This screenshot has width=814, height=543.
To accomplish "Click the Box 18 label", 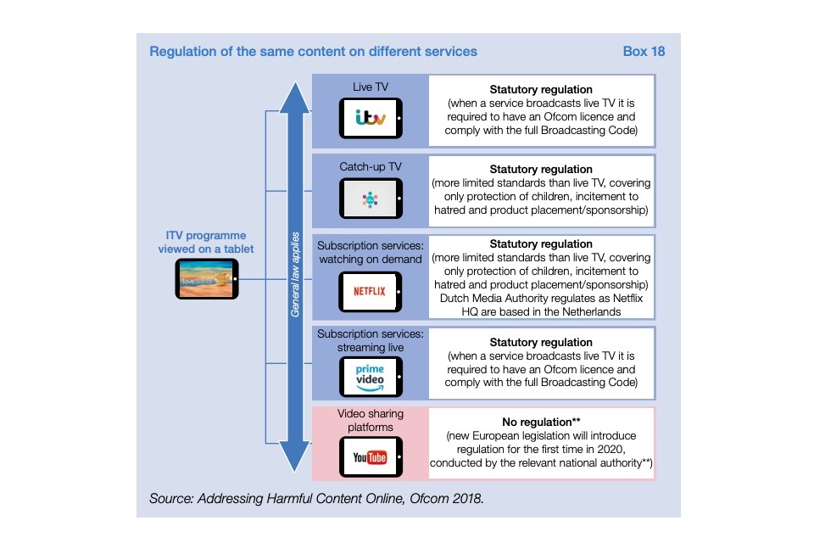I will [644, 51].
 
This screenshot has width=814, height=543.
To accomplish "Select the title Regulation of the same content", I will [313, 51].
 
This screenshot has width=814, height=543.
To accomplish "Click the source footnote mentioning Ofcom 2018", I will [316, 498].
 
